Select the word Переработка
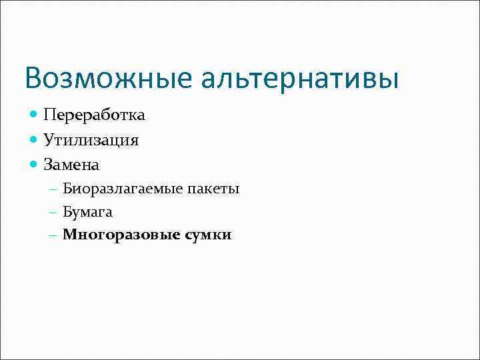pos(94,115)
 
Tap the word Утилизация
pos(91,139)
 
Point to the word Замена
pos(71,163)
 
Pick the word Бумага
pos(87,212)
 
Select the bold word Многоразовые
pos(117,235)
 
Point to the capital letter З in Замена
pos(48,163)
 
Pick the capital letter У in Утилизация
pos(49,139)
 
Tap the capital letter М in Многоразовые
pos(69,235)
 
